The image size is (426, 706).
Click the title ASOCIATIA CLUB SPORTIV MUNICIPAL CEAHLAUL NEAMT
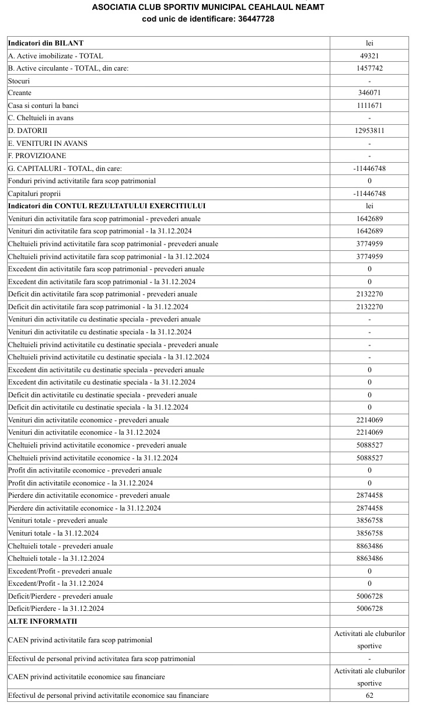click(x=208, y=7)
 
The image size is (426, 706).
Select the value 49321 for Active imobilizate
click(x=369, y=56)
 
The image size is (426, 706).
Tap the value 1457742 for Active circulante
click(x=369, y=68)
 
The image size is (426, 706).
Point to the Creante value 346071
click(x=369, y=93)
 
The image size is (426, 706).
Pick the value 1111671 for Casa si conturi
click(x=369, y=106)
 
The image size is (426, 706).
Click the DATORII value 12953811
click(x=369, y=131)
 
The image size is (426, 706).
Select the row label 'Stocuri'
click(x=19, y=81)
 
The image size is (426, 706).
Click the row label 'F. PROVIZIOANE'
click(x=37, y=156)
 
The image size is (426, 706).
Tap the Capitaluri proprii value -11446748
click(x=369, y=194)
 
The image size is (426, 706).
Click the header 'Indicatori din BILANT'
click(x=46, y=43)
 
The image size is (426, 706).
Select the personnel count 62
click(x=369, y=695)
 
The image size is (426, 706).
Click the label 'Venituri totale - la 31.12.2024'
click(x=53, y=533)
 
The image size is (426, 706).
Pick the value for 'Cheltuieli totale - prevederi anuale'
click(x=369, y=546)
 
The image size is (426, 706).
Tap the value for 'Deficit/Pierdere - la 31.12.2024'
click(x=369, y=609)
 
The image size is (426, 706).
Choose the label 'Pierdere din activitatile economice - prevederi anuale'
click(x=89, y=495)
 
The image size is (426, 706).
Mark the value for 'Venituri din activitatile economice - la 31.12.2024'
click(x=369, y=432)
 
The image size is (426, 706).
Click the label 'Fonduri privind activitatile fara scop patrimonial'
click(x=82, y=181)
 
